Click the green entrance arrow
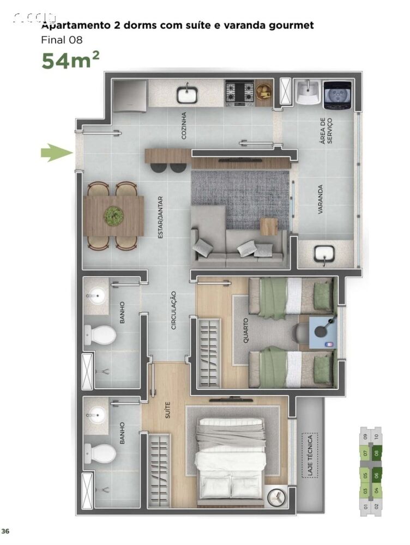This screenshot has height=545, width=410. coord(57,153)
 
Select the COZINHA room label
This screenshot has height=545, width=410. coord(184,125)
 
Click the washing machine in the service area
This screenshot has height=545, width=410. coord(336,95)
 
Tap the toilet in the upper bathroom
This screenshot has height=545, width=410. coord(100,335)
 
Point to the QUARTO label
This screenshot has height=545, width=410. coord(246,330)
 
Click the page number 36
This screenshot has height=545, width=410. coord(5,531)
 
